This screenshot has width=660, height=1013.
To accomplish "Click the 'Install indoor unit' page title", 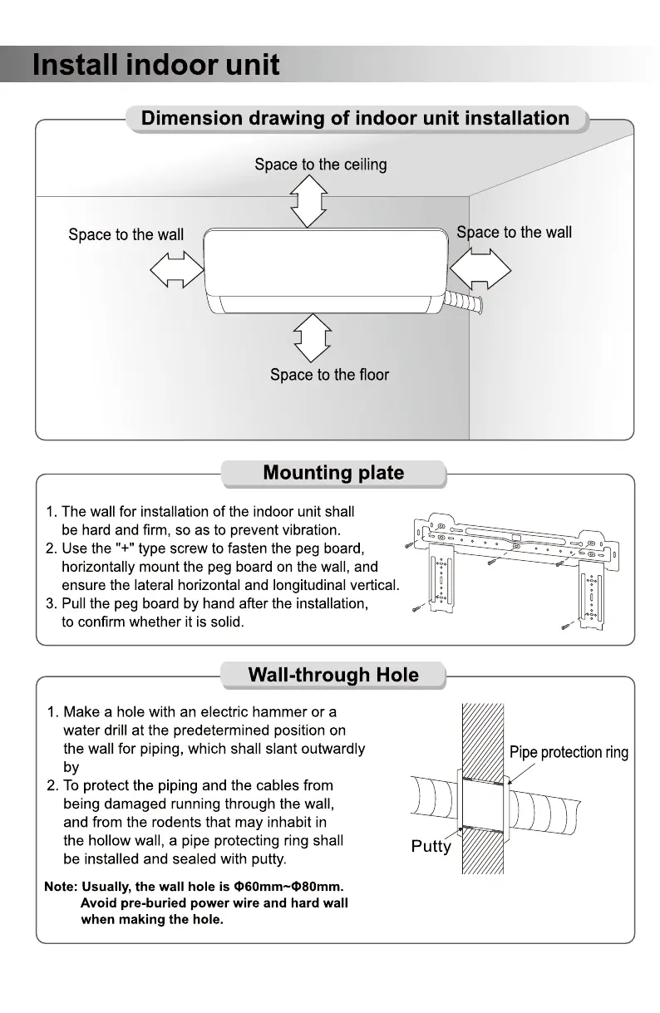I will coord(156,65).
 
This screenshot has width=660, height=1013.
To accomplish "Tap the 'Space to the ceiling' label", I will coord(321,165).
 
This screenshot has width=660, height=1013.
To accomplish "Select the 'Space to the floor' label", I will coord(329,375).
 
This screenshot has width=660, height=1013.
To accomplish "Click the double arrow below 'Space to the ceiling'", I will coord(308,201).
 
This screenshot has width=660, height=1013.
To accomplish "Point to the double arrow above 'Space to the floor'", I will coord(313,338).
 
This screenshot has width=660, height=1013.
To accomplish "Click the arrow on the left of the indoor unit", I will coord(177,269).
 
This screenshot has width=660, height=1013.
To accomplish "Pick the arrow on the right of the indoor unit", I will coord(480,268).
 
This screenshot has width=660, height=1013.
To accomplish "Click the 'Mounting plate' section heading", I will coord(333,473).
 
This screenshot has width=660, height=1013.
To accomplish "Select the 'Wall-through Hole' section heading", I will coord(333,675).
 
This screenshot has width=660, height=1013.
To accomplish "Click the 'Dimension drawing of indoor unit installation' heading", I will coord(355,118).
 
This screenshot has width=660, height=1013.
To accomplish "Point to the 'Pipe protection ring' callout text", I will coord(569,753).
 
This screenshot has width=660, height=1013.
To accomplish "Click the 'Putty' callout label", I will coord(431,846).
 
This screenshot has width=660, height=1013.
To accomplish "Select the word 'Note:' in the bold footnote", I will coord(61,887).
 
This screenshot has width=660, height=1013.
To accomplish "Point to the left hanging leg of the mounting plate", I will coord(441,578).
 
